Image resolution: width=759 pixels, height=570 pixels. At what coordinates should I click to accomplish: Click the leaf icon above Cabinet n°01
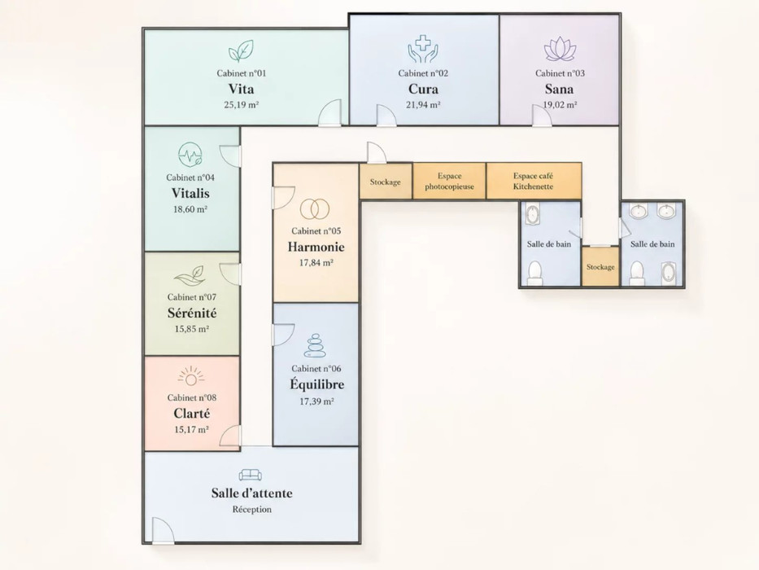pos(241,51)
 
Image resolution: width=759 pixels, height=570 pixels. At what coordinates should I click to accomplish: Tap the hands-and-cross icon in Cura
pos(422,49)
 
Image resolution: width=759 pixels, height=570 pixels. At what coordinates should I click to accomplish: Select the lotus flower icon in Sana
pos(559,49)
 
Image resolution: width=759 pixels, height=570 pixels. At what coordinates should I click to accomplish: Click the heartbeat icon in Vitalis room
pos(190,155)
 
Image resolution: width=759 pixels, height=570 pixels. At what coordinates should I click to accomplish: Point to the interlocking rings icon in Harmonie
pos(315,209)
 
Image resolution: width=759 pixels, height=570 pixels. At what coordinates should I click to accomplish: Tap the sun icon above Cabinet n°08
pos(191,376)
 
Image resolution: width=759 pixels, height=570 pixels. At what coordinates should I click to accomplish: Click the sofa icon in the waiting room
pos(251,475)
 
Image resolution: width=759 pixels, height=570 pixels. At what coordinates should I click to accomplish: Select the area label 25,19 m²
pos(241,105)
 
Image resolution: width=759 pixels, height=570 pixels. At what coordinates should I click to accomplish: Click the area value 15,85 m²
pos(192,329)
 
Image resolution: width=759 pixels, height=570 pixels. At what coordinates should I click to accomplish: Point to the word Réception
pos(251,510)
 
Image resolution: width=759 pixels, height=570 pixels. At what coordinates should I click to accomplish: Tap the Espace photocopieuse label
pos(449,182)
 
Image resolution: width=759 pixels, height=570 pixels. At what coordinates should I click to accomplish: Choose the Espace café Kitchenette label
pos(533,182)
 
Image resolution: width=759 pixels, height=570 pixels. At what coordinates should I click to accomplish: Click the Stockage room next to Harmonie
pos(386,182)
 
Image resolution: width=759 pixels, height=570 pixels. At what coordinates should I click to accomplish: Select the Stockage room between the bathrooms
pos(600,266)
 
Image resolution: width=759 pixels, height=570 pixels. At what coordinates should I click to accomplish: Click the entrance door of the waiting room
pos(162,530)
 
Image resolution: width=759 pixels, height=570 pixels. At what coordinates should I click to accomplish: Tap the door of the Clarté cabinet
pos(230,436)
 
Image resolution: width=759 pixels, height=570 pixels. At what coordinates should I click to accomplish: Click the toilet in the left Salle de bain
pos(535,273)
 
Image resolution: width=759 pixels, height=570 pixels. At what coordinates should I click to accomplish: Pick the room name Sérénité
pos(192,313)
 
